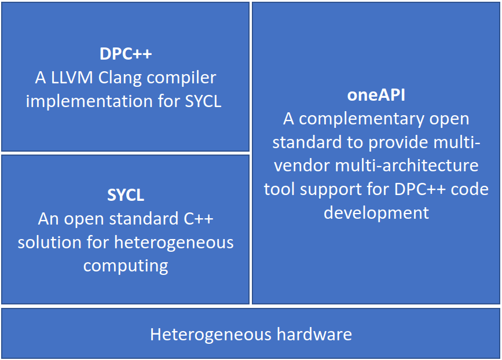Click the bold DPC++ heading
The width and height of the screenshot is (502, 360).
coord(126,54)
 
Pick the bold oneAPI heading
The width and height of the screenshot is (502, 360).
coord(376,95)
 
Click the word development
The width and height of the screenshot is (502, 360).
coord(376,212)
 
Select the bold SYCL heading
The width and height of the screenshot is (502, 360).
coord(126,195)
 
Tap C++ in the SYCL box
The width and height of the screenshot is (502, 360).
coord(197,219)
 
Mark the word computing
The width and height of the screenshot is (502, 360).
coord(126,266)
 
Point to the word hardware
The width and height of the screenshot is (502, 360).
coord(314,335)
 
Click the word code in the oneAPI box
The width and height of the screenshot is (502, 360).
coord(469,189)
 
